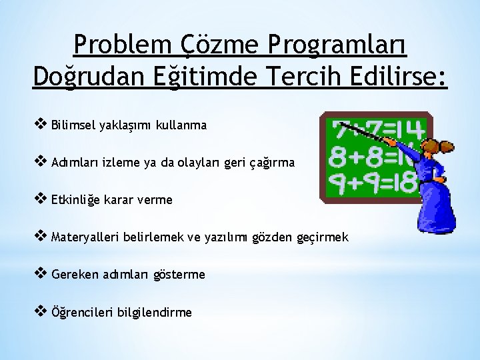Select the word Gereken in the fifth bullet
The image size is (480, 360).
[73, 274]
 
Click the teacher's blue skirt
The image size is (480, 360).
[435, 210]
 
